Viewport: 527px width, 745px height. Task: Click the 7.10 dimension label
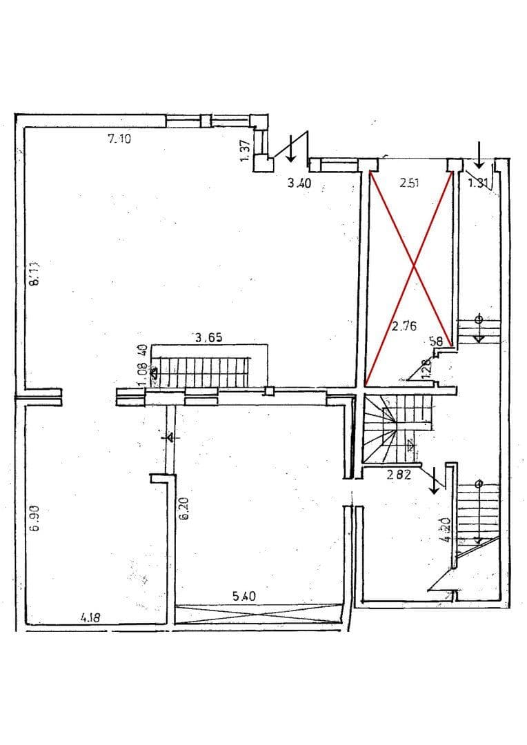119,139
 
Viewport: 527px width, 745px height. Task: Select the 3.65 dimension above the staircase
208,338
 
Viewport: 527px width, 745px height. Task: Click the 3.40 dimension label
298,183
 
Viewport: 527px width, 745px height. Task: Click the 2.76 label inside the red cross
404,327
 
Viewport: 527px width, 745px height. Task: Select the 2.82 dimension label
398,474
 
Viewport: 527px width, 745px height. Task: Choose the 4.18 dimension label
90,619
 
